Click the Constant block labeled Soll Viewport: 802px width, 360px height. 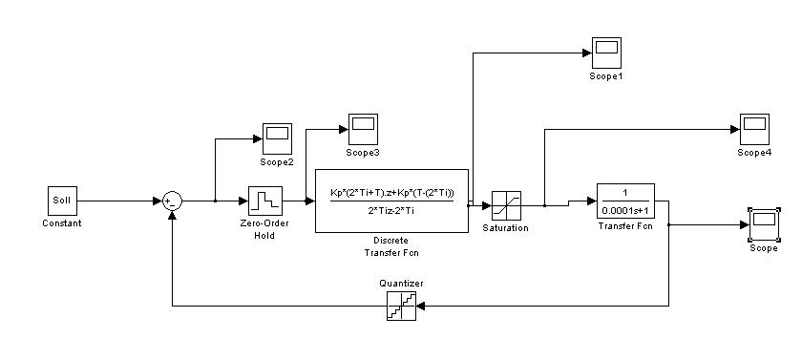62,201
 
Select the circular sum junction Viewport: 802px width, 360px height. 172,201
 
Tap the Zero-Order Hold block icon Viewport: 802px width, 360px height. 265,201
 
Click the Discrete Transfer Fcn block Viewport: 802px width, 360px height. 391,201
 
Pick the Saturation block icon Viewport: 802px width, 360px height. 506,205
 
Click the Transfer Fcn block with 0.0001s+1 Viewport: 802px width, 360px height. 625,201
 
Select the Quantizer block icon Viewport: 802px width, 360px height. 402,306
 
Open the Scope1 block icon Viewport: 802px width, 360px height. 606,53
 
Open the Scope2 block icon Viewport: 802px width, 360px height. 277,138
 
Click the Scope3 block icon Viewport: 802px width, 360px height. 363,129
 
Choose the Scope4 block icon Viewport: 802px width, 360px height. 754,129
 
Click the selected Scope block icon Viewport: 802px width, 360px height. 764,224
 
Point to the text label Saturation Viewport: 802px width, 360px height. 505,228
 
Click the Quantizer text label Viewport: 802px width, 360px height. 402,284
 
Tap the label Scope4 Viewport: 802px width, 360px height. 754,153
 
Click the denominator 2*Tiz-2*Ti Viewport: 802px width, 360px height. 390,210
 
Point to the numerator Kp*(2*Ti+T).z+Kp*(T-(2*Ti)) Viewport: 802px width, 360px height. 392,192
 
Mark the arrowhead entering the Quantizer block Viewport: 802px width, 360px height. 421,306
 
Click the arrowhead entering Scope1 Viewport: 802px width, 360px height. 587,53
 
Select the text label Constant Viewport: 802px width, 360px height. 62,222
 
